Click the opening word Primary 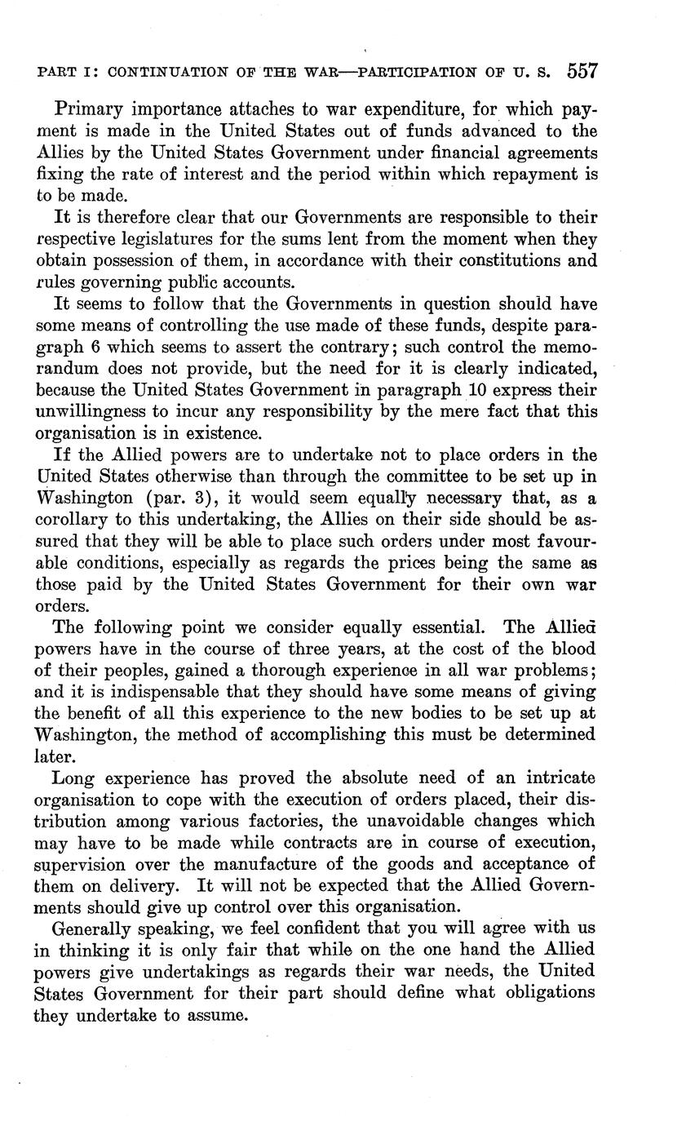[x=87, y=109]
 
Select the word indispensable [x=164, y=692]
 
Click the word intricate [x=559, y=778]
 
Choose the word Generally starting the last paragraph [x=91, y=929]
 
